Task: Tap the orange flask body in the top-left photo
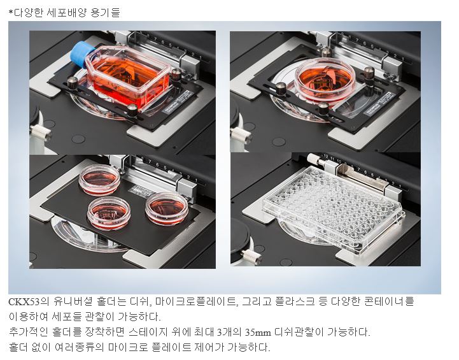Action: [128, 76]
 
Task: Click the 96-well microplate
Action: [334, 207]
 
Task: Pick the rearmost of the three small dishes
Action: [99, 180]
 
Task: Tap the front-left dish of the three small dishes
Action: [109, 213]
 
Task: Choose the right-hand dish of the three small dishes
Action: [167, 208]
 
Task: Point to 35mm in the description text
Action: [258, 333]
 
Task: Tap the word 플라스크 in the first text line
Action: [295, 301]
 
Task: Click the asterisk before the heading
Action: [11, 12]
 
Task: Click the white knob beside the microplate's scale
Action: [313, 159]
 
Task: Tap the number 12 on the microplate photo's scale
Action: [325, 156]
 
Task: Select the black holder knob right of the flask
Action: [176, 73]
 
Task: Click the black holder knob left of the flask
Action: [73, 82]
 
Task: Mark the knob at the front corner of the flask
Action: [132, 110]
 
